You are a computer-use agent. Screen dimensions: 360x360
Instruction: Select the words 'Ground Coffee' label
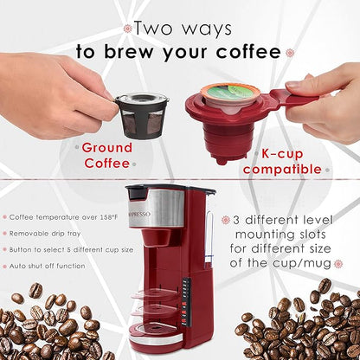[x=106, y=154]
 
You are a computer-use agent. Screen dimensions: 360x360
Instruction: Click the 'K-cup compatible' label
[x=282, y=162]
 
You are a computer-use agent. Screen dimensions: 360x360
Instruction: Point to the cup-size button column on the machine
[x=184, y=308]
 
